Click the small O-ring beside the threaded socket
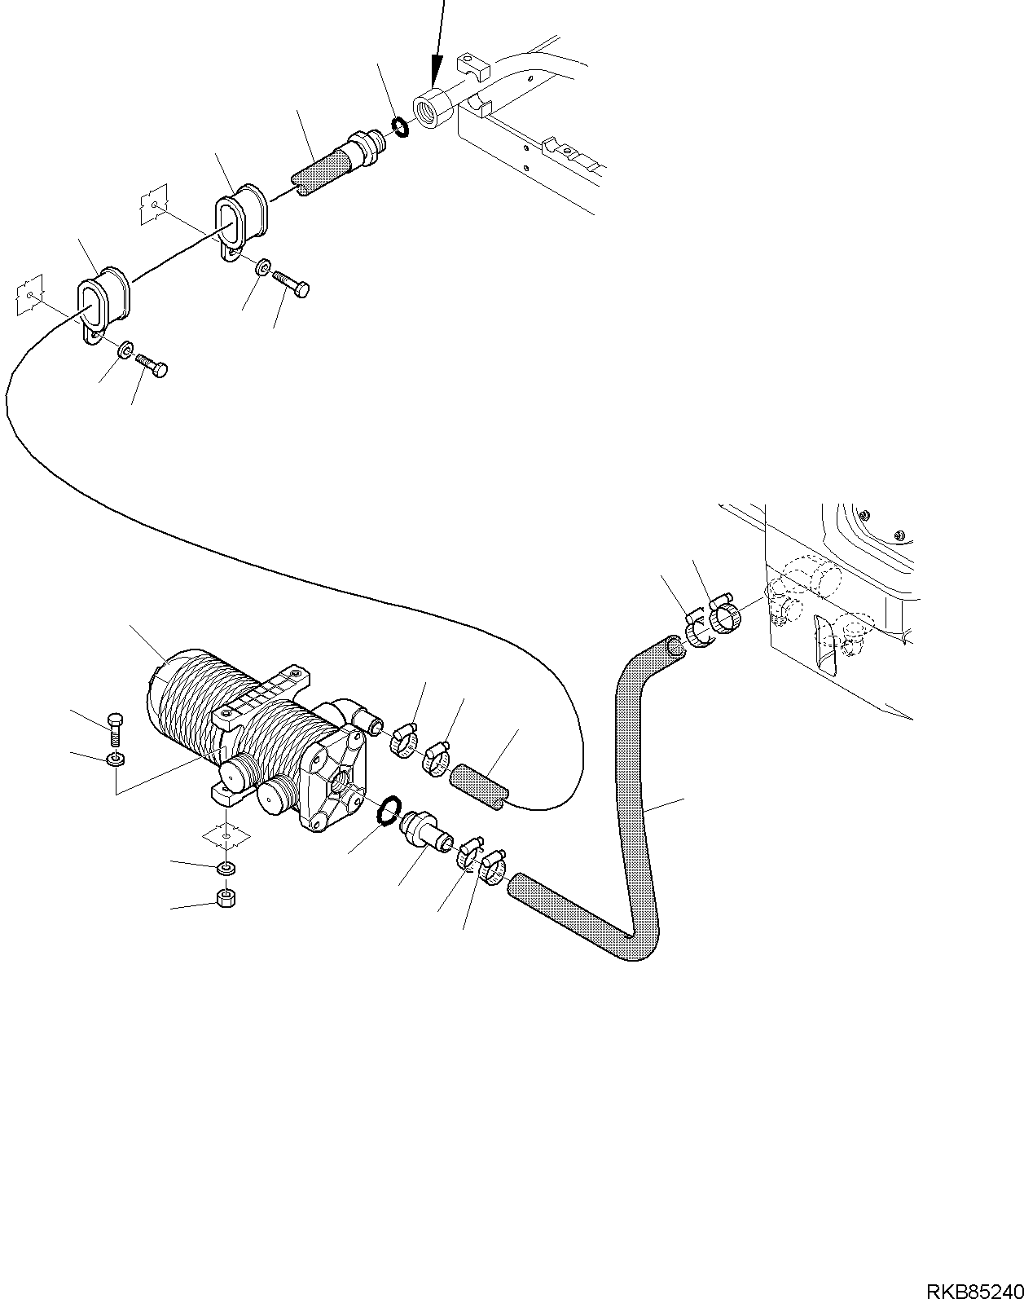(x=399, y=126)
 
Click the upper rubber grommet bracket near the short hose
(x=241, y=220)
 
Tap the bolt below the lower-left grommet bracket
(x=152, y=363)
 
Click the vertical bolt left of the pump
(x=114, y=728)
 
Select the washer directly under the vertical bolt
(x=116, y=760)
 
